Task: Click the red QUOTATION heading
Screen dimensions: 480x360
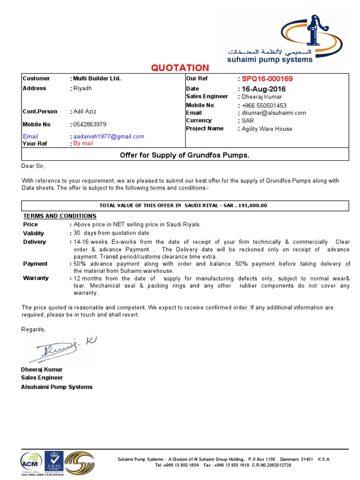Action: click(180, 68)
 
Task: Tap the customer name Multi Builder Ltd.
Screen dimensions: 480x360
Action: click(97, 78)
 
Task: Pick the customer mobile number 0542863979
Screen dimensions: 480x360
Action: click(90, 124)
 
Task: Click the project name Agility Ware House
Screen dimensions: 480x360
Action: click(267, 129)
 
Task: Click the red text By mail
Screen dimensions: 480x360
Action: click(83, 143)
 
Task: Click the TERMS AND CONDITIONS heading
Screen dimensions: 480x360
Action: click(60, 216)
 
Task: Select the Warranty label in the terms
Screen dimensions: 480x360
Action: click(36, 278)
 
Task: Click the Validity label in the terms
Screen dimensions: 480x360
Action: click(34, 233)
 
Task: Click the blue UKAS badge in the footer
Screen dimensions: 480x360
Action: click(54, 462)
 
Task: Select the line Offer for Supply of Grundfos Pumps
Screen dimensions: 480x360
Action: click(185, 155)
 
